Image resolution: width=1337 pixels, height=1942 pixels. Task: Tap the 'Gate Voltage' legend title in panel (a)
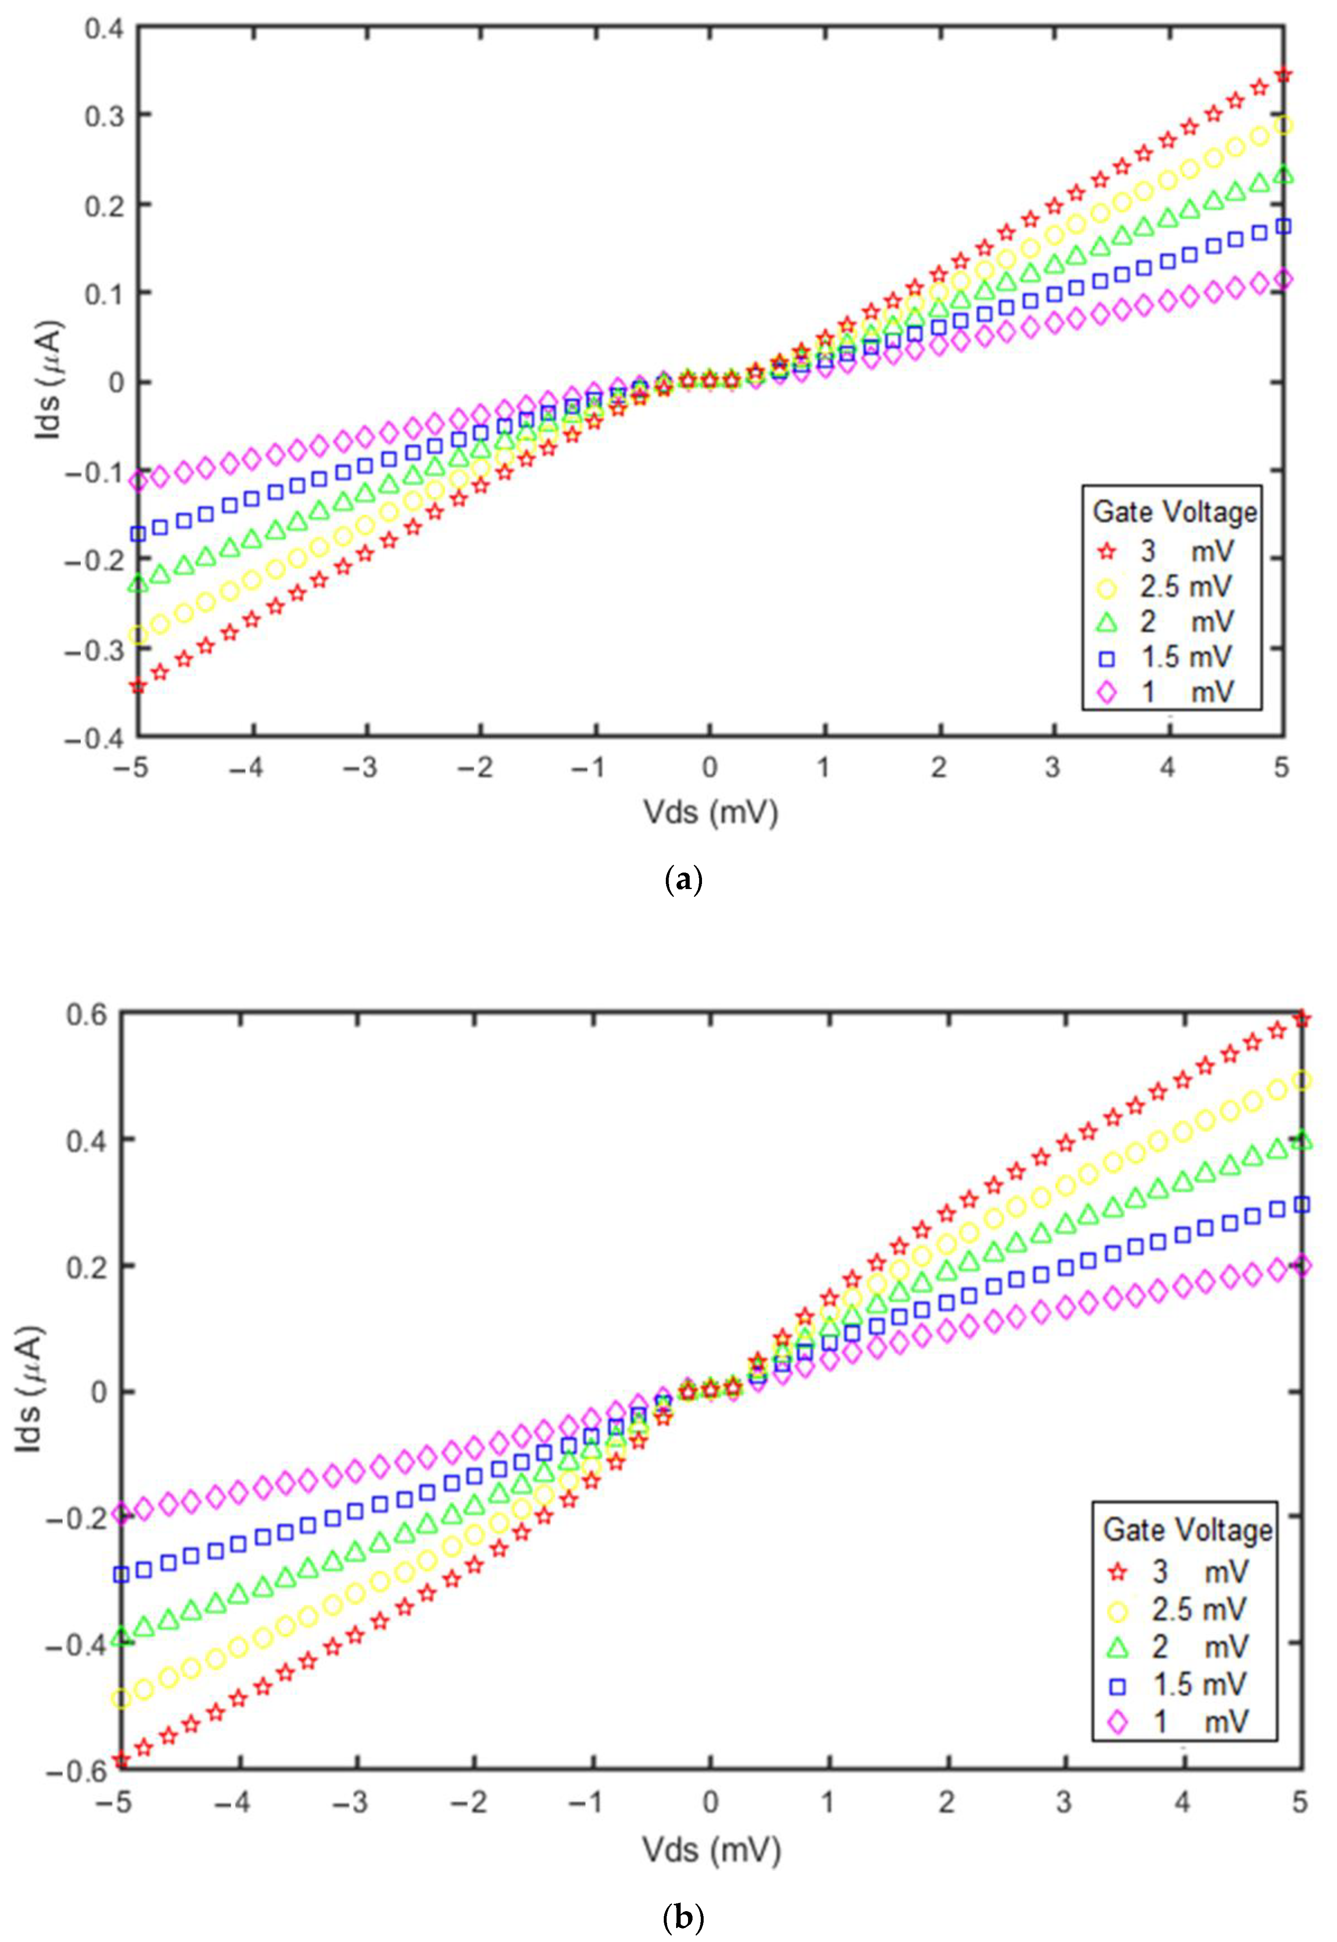coord(1175,512)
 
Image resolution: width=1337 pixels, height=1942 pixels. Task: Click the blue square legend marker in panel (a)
coord(1108,658)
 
